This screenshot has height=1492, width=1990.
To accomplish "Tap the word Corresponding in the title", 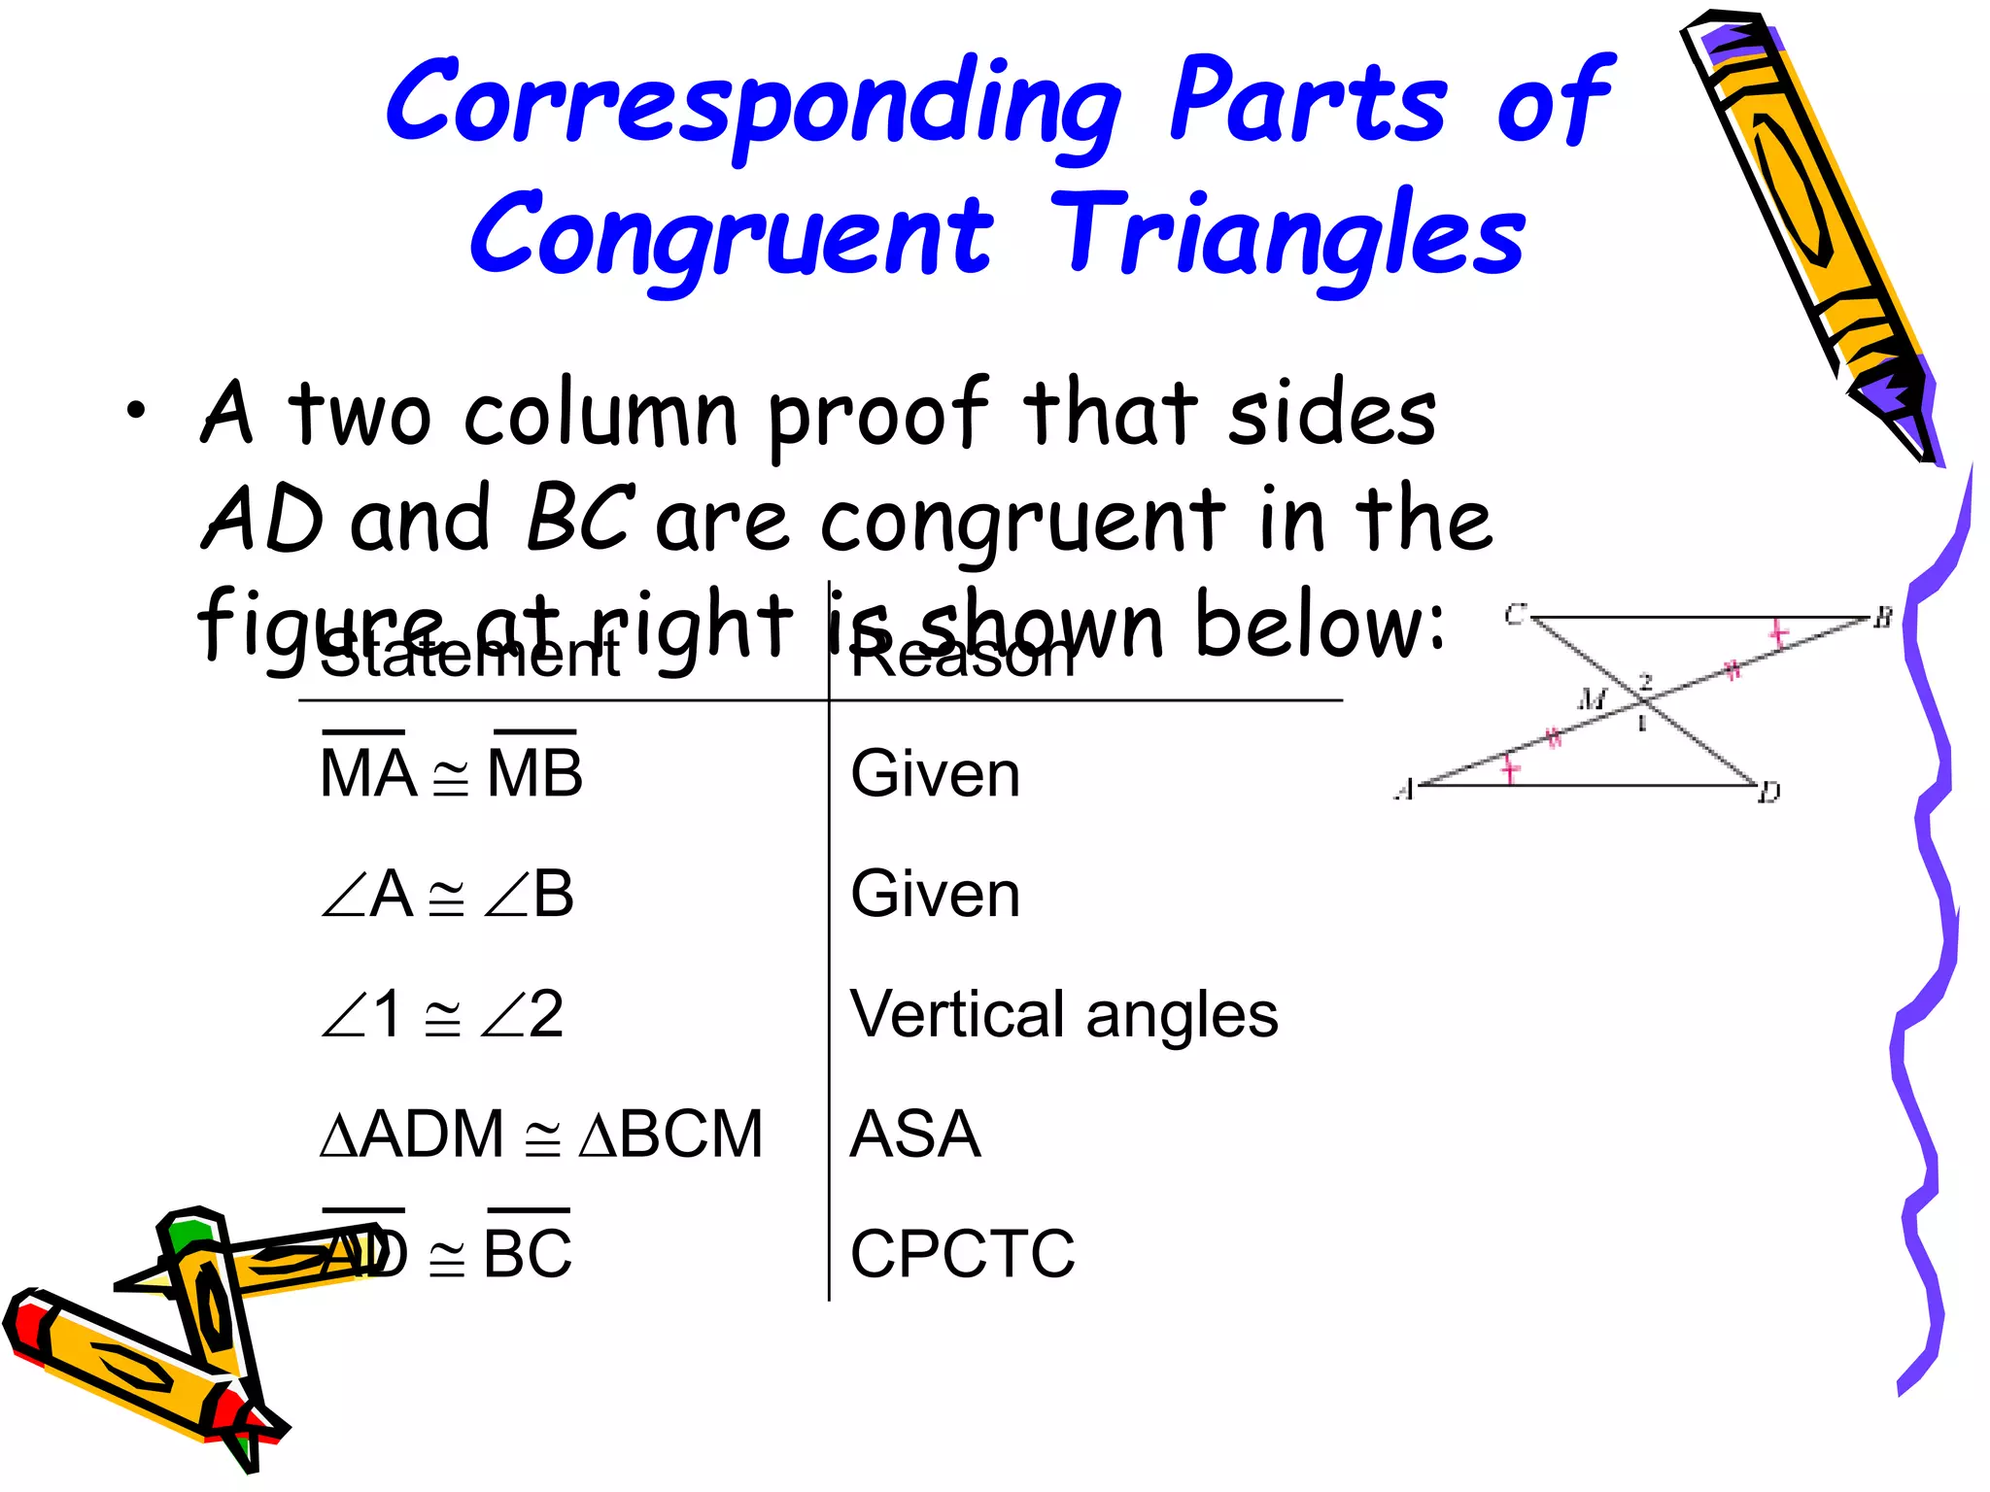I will pyautogui.click(x=754, y=103).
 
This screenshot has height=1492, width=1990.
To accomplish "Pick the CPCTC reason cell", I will pyautogui.click(x=962, y=1253).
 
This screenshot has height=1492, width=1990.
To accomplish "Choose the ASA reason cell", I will pyautogui.click(x=915, y=1134).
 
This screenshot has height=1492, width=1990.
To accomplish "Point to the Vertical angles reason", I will pyautogui.click(x=1063, y=1014).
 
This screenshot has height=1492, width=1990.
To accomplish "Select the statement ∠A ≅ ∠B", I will pyautogui.click(x=447, y=894).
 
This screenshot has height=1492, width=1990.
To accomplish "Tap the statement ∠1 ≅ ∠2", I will pyautogui.click(x=442, y=1014).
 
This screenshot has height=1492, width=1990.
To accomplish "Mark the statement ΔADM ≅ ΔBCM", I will pyautogui.click(x=541, y=1134).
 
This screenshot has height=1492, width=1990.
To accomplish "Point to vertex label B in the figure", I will pyautogui.click(x=1883, y=617).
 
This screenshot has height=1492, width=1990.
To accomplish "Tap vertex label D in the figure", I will pyautogui.click(x=1769, y=793).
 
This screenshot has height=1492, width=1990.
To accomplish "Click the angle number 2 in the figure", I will pyautogui.click(x=1646, y=681).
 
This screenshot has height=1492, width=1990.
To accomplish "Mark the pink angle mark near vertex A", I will pyautogui.click(x=1509, y=769).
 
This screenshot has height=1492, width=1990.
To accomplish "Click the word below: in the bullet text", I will pyautogui.click(x=1320, y=625).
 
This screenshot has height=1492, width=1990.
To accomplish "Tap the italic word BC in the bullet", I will pyautogui.click(x=580, y=517).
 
